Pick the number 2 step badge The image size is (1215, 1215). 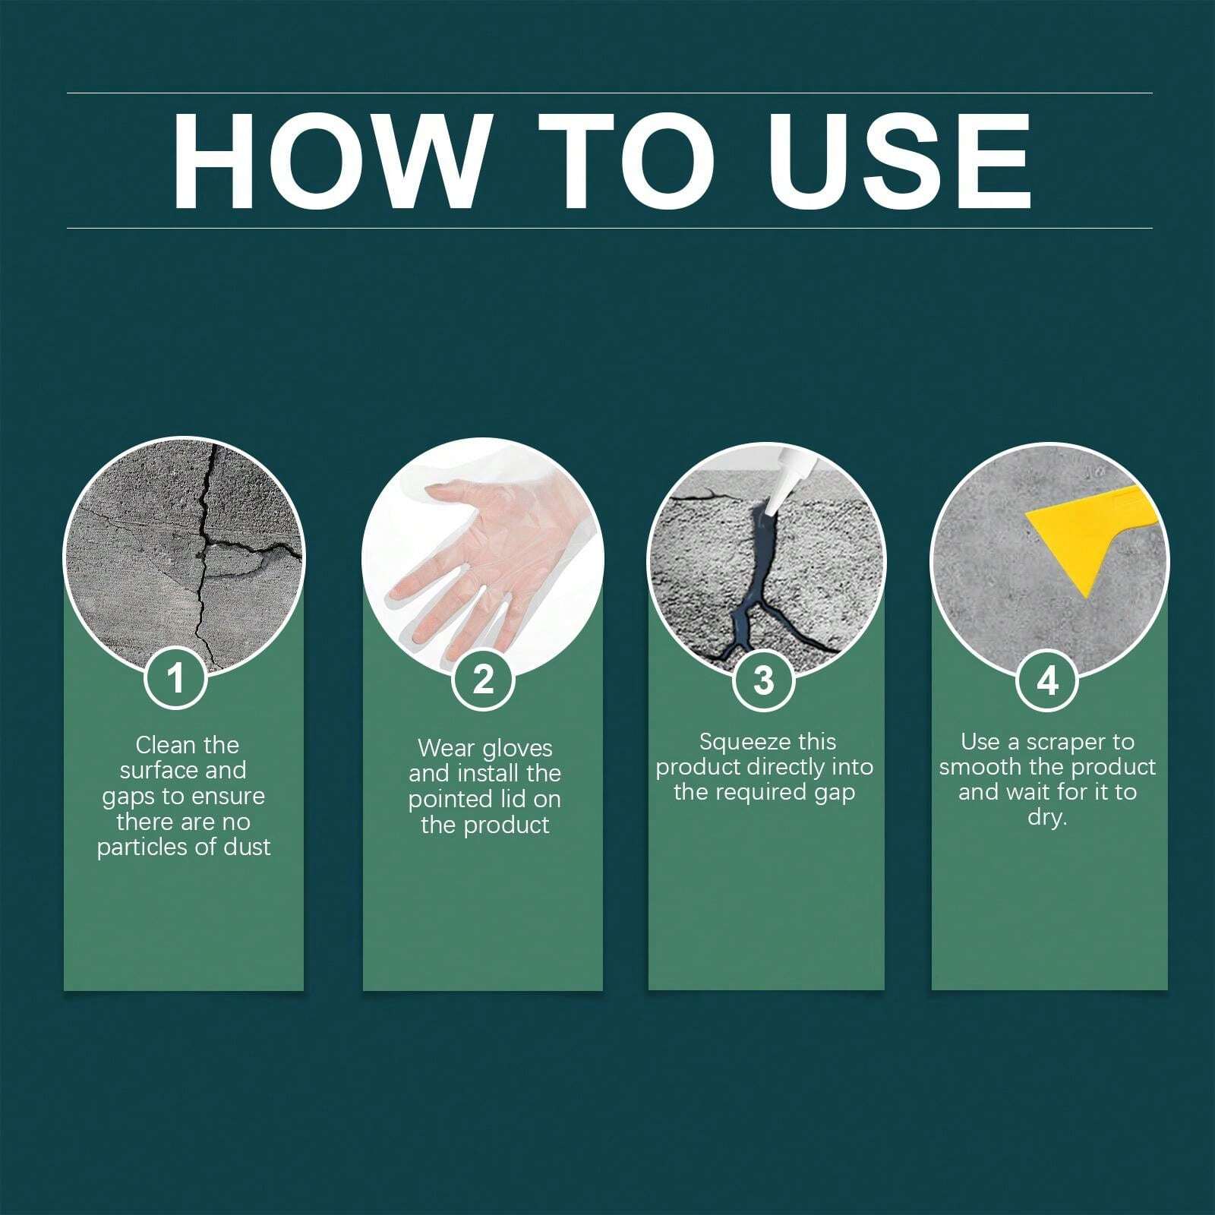pyautogui.click(x=483, y=679)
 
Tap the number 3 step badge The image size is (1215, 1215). pyautogui.click(x=763, y=680)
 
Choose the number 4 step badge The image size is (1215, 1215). pyautogui.click(x=1047, y=681)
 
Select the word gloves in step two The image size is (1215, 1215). pyautogui.click(x=517, y=749)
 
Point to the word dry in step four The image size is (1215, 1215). pyautogui.click(x=1047, y=819)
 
